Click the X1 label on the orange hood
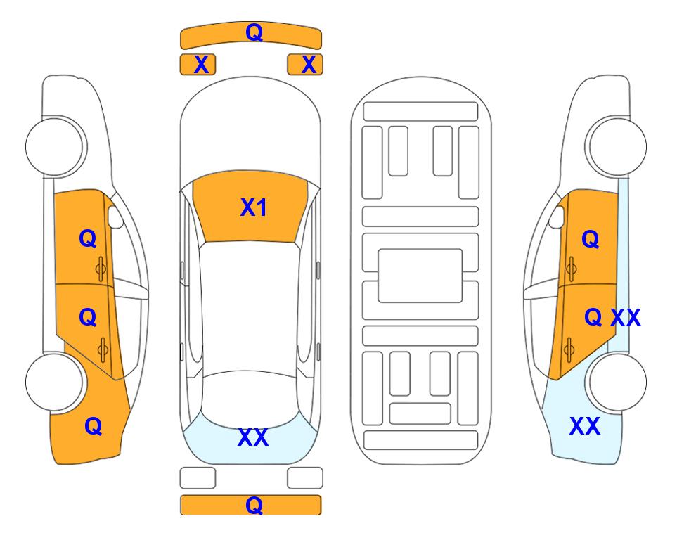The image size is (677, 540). (254, 207)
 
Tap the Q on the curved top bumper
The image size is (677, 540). (254, 32)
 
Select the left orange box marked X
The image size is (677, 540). (198, 65)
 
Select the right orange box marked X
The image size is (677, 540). (305, 65)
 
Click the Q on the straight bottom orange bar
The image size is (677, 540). (254, 505)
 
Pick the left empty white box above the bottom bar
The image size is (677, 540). (198, 478)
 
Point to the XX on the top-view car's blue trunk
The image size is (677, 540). (253, 437)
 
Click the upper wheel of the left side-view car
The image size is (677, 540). (55, 146)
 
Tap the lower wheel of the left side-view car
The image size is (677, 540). (55, 382)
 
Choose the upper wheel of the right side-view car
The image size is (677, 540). (617, 146)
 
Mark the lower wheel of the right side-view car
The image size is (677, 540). (617, 382)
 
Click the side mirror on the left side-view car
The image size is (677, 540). (115, 217)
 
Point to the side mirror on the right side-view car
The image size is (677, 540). (557, 217)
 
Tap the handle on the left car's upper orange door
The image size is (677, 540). (101, 269)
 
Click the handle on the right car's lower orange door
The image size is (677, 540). (569, 350)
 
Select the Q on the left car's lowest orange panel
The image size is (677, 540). (94, 426)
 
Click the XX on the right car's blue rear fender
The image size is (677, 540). (585, 426)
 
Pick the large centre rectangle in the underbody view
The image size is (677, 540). (420, 276)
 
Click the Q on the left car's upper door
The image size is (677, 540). (88, 238)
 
